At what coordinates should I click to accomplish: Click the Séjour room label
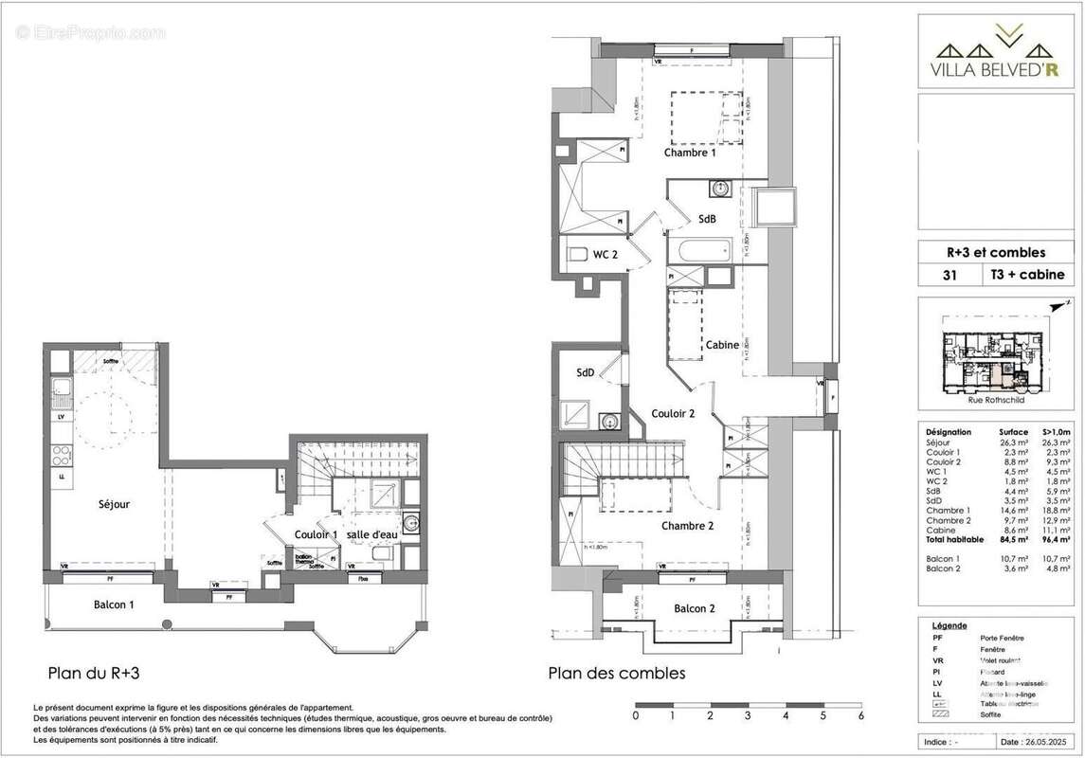coord(113,504)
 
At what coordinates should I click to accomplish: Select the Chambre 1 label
coord(690,153)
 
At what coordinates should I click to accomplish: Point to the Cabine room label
coord(722,345)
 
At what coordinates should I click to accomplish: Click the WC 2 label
coord(606,254)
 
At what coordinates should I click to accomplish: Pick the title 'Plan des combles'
coord(616,674)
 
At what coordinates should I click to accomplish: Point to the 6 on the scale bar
coord(860,716)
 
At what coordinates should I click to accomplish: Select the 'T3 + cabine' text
coord(1027,275)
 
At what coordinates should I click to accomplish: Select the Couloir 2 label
coord(673,414)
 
